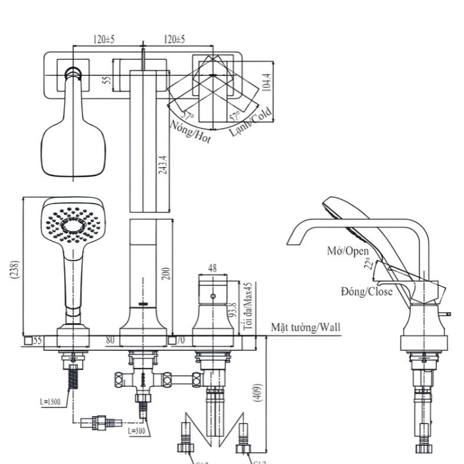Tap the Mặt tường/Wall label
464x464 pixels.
click(x=305, y=328)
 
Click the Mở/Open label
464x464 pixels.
click(x=347, y=251)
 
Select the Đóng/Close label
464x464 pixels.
click(x=366, y=291)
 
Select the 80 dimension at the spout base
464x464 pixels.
click(x=110, y=340)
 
